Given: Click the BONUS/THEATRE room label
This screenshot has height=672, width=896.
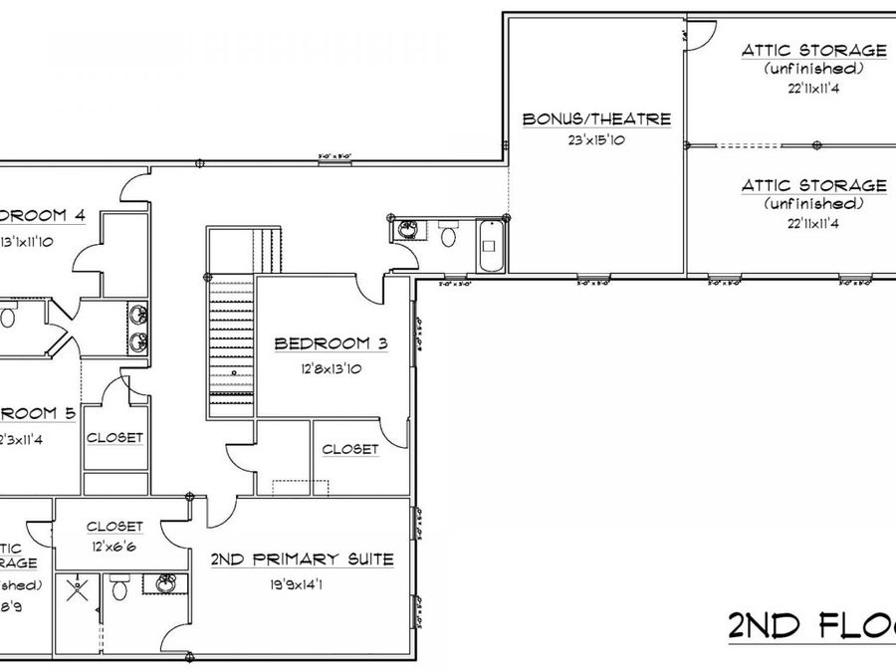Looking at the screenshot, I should tap(596, 119).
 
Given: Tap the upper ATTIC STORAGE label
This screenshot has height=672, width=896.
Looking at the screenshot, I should tap(813, 50).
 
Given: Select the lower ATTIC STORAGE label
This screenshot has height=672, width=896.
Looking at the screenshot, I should tap(813, 186).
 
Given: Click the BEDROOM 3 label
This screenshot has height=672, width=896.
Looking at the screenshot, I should tap(330, 344).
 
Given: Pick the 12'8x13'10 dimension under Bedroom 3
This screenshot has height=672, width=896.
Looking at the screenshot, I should tap(330, 368).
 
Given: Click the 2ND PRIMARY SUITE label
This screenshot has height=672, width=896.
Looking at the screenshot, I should tap(302, 560).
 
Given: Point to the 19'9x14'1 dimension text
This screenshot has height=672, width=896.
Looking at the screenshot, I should tap(302, 584).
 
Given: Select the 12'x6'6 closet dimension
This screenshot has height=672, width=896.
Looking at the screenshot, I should tap(115, 547).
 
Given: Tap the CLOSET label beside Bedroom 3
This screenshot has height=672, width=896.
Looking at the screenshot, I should tap(349, 449).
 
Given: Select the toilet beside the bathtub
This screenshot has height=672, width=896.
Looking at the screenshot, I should tap(448, 236).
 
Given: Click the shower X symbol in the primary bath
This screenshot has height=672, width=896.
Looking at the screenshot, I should tap(74, 591).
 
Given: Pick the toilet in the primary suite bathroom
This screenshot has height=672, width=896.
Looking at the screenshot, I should tap(119, 589).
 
